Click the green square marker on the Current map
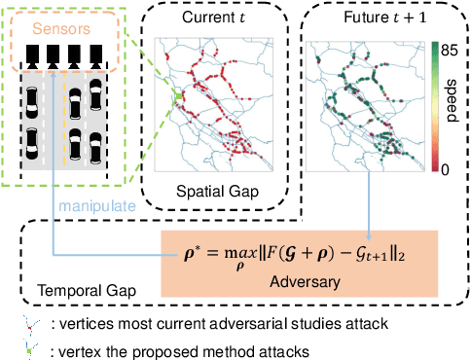point(179,94)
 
